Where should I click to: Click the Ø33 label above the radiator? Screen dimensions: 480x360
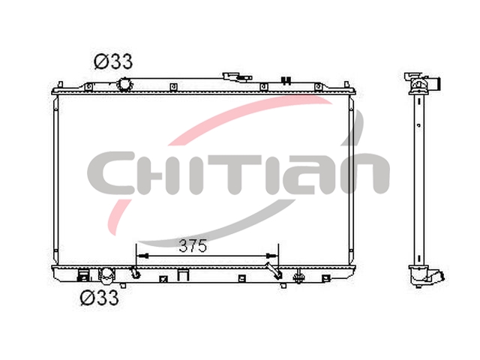tap(113, 61)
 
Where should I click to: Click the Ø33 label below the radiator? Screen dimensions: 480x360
tap(99, 297)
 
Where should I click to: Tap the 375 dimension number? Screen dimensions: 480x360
tap(193, 246)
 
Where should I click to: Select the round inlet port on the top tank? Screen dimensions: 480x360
tap(124, 85)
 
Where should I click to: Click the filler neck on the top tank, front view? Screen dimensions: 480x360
tap(237, 76)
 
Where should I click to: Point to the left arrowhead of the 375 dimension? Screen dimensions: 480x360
tap(142, 256)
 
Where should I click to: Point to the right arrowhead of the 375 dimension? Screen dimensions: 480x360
tap(272, 256)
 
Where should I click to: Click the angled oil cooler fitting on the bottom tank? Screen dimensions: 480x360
tap(274, 271)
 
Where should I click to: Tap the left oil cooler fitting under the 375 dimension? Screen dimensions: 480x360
tap(135, 272)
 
